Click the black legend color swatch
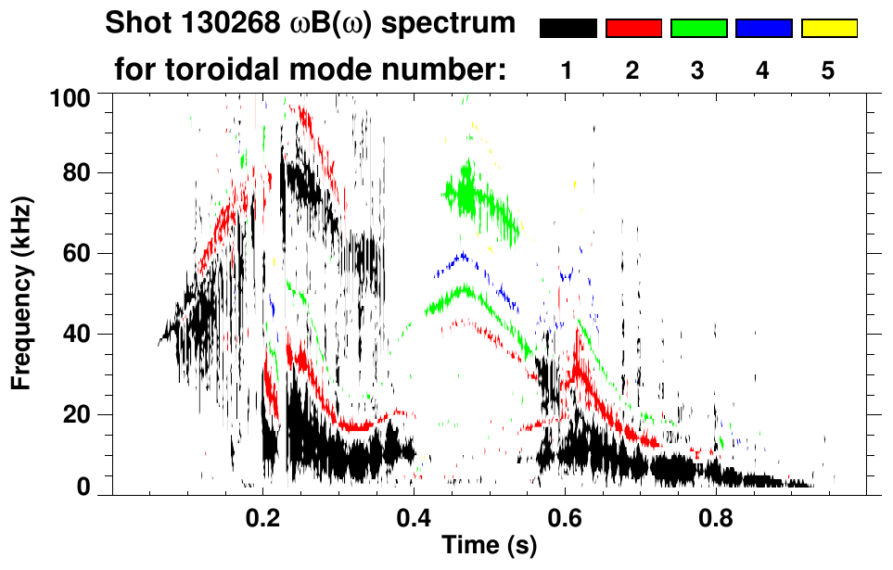pos(568,29)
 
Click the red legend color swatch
pos(632,29)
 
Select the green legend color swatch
pos(698,29)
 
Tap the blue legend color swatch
pos(763,29)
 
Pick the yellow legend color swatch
pos(828,29)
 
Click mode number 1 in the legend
pos(568,70)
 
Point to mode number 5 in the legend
pos(828,70)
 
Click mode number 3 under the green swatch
pos(698,70)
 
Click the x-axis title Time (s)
pos(489,547)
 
